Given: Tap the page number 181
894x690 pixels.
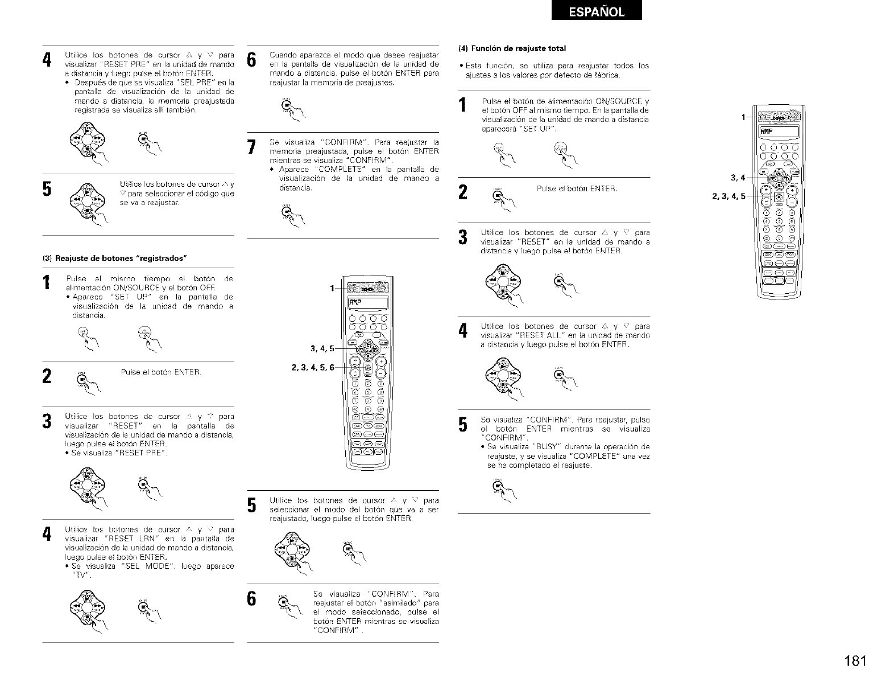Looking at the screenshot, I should (x=855, y=661).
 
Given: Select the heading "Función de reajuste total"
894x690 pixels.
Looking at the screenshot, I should (x=515, y=48).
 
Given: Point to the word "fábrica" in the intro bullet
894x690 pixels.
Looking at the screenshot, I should (x=605, y=75).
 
